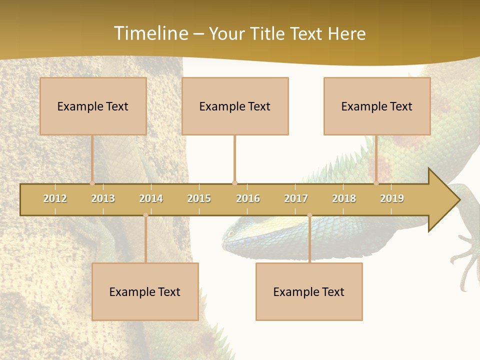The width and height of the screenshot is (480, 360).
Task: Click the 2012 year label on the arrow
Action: point(55,198)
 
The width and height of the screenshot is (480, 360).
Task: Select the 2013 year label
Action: point(103,198)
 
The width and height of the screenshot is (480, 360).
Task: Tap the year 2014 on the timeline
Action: point(151,198)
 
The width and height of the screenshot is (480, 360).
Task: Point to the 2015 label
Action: point(199,198)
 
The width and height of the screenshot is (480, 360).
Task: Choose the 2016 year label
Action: point(248,198)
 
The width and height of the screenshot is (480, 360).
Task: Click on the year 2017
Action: point(296,198)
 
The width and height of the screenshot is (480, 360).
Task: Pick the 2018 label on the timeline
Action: point(344,198)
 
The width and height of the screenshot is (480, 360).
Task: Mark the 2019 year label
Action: point(392,198)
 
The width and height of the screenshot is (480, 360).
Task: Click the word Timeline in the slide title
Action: point(150,33)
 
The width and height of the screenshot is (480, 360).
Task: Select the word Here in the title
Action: point(346,33)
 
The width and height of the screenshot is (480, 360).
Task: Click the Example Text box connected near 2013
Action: point(93,106)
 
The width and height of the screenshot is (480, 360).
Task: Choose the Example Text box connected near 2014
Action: point(145,291)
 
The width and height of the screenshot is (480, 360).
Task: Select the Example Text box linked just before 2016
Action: point(235,106)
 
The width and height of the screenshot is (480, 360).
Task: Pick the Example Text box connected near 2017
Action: point(309,291)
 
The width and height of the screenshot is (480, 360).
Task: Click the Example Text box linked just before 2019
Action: point(377,106)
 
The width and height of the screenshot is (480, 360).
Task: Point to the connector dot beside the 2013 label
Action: point(92,183)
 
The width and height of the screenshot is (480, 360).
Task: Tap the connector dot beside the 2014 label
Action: point(145,215)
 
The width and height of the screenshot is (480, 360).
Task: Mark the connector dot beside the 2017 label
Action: point(309,215)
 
